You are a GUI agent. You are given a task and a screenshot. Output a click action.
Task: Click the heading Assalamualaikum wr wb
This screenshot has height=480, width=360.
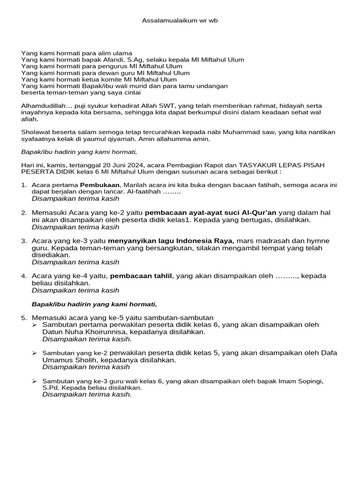(180, 21)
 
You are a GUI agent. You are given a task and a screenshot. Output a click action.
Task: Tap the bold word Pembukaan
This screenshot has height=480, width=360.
(100, 185)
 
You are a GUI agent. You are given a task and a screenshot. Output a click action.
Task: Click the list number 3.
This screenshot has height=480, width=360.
(23, 241)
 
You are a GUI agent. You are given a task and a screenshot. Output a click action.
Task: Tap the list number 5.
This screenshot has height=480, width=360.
(23, 318)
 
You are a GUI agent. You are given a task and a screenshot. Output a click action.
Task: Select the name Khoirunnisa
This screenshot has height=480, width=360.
(90, 332)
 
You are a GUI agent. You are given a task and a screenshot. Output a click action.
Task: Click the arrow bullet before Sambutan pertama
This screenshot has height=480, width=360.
(35, 325)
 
